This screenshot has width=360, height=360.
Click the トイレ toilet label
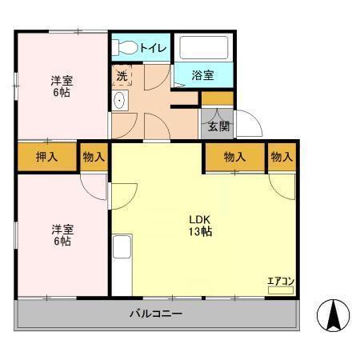[154, 48]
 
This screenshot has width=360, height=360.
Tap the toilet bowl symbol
[125, 47]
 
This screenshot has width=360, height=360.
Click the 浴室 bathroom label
[203, 76]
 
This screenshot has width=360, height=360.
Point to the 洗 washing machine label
[122, 76]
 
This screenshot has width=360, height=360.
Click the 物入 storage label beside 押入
[94, 157]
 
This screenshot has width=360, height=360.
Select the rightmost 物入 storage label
[282, 157]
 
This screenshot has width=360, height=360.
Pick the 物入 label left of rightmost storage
[234, 157]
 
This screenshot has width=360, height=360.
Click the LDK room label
[200, 219]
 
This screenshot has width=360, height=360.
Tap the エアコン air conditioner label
[281, 281]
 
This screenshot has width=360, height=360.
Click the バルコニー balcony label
[156, 314]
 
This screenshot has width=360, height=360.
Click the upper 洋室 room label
[61, 80]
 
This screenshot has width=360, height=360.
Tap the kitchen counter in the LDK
[122, 264]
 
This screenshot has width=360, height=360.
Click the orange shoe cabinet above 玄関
[218, 98]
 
